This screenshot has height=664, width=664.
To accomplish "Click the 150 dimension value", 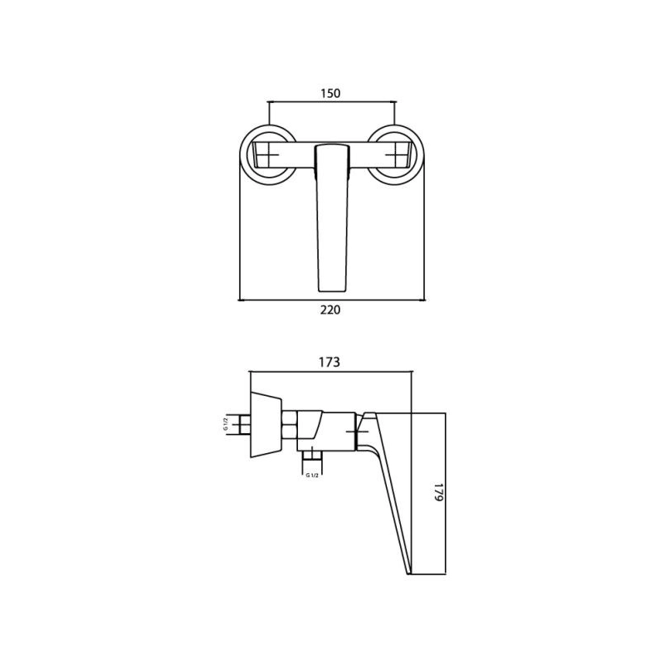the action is [x=330, y=93].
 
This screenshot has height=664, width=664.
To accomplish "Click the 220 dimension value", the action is [x=330, y=310].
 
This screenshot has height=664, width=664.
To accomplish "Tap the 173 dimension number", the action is [x=330, y=362].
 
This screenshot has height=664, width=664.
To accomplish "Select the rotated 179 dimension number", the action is [x=438, y=492].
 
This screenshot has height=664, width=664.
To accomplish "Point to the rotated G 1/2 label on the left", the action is [x=226, y=424].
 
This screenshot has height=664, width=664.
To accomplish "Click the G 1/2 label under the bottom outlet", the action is [x=312, y=475].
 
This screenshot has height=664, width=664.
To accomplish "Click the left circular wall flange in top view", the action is [x=268, y=155].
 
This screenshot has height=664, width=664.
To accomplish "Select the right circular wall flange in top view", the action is [x=396, y=155].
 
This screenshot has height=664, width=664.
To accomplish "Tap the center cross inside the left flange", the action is [x=268, y=155].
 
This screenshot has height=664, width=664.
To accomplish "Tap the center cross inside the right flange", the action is [x=396, y=155].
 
